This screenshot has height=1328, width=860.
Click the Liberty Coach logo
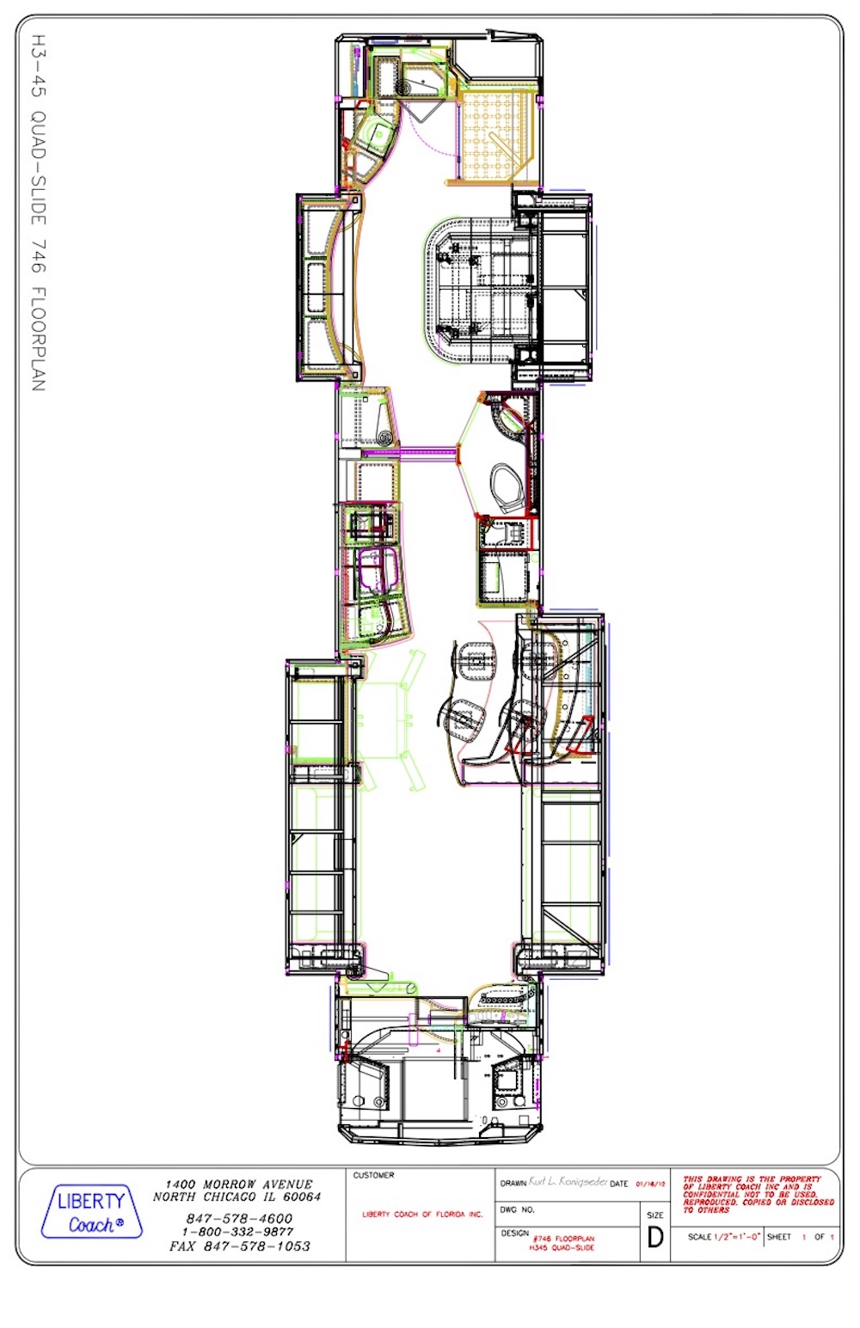click(x=91, y=1211)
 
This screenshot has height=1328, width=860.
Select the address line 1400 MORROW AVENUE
click(x=239, y=1184)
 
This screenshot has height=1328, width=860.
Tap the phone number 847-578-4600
click(x=239, y=1218)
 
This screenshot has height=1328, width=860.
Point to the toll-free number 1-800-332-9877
click(x=237, y=1232)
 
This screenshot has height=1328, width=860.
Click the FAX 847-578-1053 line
click(x=239, y=1245)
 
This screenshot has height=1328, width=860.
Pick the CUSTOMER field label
click(x=373, y=1175)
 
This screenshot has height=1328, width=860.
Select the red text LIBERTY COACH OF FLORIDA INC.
click(x=421, y=1215)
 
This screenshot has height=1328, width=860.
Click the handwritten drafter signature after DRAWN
click(x=568, y=1182)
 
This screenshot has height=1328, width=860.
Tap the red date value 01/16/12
click(x=650, y=1184)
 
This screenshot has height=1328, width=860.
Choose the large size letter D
click(x=655, y=1237)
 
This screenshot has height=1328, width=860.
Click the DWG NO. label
click(x=517, y=1209)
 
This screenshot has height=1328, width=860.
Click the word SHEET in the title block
click(x=779, y=1237)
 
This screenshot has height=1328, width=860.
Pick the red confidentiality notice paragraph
click(x=757, y=1194)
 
